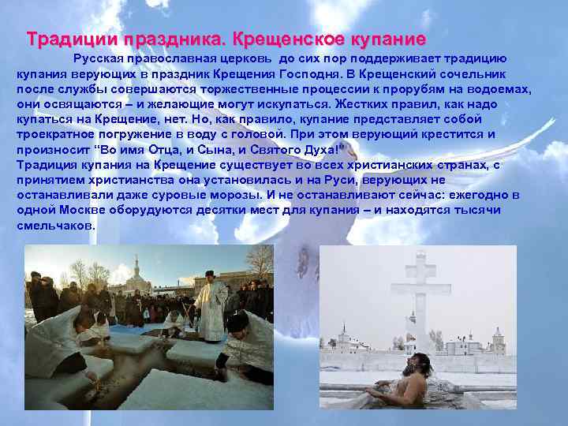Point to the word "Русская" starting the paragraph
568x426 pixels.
point(99,58)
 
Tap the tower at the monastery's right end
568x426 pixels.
point(498,341)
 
